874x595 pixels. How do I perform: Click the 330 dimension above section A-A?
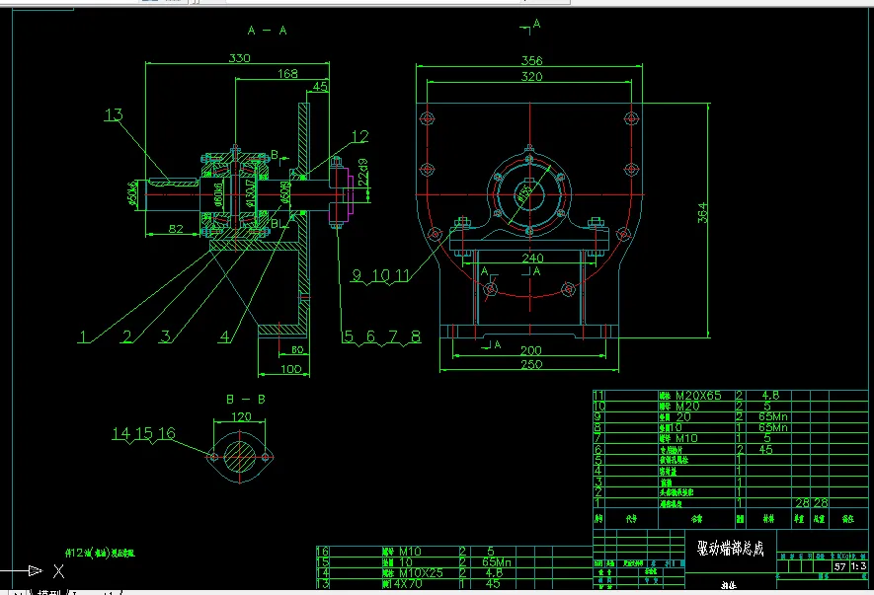point(239,58)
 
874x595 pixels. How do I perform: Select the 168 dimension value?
point(288,74)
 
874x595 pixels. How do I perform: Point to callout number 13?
point(114,115)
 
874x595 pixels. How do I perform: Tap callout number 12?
point(358,137)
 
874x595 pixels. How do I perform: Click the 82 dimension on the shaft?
point(177,229)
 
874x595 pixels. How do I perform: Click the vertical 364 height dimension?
point(703,213)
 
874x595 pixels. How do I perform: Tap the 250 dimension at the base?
point(532,365)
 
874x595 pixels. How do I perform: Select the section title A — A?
point(267,30)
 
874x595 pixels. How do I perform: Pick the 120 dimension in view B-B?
point(241,417)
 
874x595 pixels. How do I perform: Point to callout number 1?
point(84,336)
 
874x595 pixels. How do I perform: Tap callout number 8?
point(415,336)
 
